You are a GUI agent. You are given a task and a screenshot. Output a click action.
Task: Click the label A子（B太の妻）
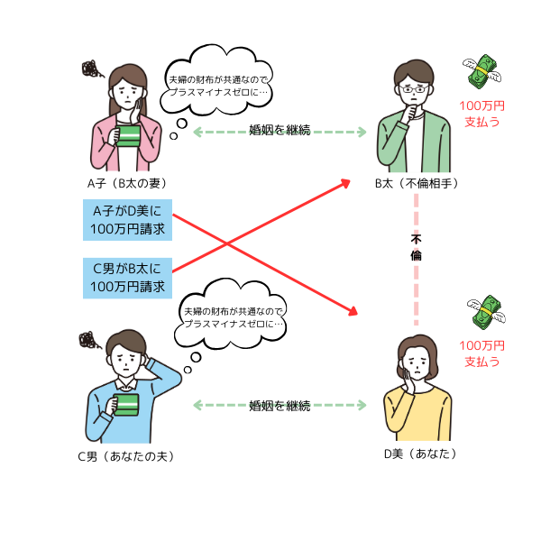click(127, 183)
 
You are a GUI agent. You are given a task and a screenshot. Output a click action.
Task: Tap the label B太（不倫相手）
click(417, 183)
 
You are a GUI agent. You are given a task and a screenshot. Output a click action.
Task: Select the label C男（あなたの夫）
click(126, 456)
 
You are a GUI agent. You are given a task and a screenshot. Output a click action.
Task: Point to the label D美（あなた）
click(420, 454)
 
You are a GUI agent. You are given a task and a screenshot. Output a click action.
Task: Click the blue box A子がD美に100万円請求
click(127, 220)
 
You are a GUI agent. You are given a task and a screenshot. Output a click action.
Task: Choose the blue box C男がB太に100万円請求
click(127, 278)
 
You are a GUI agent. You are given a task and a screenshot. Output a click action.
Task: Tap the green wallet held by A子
click(128, 135)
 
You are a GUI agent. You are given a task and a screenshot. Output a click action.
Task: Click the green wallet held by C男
click(126, 405)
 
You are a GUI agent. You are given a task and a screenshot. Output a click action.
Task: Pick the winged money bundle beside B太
click(482, 71)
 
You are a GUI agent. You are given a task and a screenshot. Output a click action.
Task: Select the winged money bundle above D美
click(487, 312)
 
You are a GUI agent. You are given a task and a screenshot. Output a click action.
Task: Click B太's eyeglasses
click(414, 89)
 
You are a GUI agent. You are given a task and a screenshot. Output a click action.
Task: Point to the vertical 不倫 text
click(416, 247)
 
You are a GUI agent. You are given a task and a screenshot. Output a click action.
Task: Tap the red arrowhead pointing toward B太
click(345, 183)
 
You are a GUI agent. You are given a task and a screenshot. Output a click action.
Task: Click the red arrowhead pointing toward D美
click(353, 311)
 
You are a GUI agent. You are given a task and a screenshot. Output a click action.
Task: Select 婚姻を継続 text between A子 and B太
click(280, 131)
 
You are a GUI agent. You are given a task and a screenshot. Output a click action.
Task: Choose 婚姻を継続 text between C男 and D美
click(280, 406)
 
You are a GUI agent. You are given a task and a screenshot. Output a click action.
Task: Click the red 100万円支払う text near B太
click(482, 114)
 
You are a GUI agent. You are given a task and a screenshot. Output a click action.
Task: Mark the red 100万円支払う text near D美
click(482, 353)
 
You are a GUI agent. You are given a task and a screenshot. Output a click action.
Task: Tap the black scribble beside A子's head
click(92, 69)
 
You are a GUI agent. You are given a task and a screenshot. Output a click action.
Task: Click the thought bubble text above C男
click(234, 317)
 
